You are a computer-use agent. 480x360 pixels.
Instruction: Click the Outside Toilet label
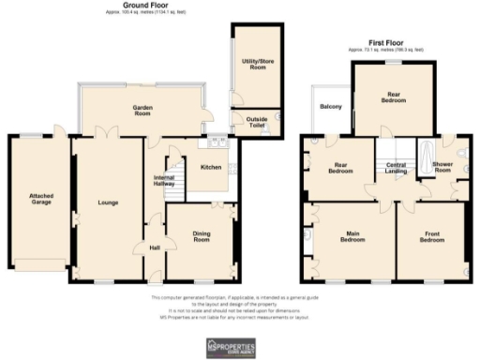click(x=257, y=123)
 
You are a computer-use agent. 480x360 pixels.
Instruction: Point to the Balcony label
click(x=330, y=106)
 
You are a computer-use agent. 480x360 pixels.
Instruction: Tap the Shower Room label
click(x=442, y=167)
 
